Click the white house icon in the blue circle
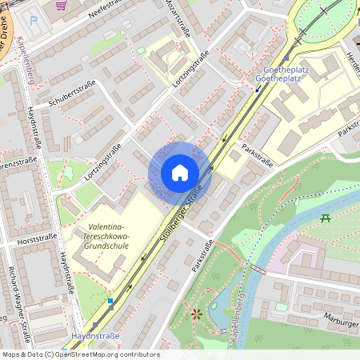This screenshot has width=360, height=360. (179, 172)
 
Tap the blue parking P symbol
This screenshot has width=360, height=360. (33, 20)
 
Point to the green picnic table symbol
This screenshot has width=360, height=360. (326, 218)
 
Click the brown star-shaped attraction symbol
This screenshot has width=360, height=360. (195, 313)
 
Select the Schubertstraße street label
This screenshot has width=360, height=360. (72, 97)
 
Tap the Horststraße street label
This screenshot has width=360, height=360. (37, 238)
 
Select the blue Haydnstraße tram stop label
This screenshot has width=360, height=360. (95, 336)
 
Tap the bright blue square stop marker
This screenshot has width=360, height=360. (110, 301)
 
